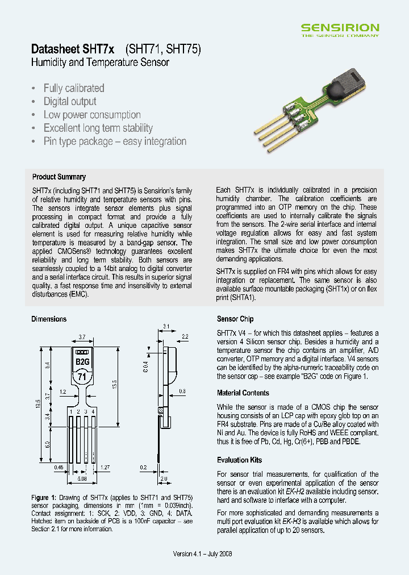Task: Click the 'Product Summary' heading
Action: click(59, 177)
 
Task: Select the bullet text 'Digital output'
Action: click(70, 102)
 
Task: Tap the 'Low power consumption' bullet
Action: click(92, 115)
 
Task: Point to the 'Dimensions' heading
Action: click(49, 319)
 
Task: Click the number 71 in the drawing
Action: click(82, 376)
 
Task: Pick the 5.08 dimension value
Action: click(82, 478)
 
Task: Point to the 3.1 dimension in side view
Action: click(166, 326)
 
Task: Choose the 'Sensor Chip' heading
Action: click(235, 319)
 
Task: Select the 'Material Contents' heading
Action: click(243, 393)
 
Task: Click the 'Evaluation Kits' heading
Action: click(239, 460)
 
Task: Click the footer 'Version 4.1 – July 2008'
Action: click(202, 554)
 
